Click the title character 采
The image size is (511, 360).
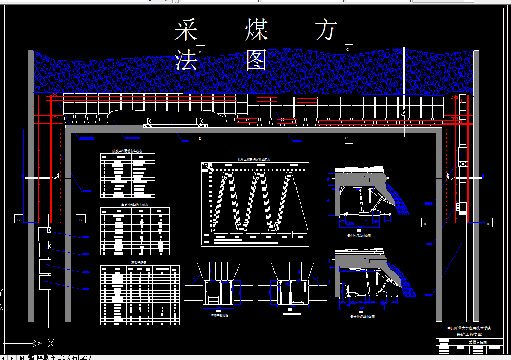[x=186, y=30]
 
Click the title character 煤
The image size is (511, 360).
[x=257, y=30]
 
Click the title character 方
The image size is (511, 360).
[x=326, y=30]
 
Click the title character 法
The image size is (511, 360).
[x=186, y=61]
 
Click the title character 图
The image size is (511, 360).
[x=257, y=61]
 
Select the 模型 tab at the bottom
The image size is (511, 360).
[x=38, y=357]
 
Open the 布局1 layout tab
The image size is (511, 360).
[x=57, y=357]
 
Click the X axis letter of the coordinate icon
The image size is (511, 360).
[x=51, y=343]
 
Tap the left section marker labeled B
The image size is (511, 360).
[x=18, y=220]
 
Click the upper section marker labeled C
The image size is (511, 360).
[x=347, y=49]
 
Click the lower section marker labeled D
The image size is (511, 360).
[x=200, y=139]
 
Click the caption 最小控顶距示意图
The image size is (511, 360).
[x=359, y=236]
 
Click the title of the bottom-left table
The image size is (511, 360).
[x=139, y=262]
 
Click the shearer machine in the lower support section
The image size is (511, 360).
[x=352, y=291]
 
